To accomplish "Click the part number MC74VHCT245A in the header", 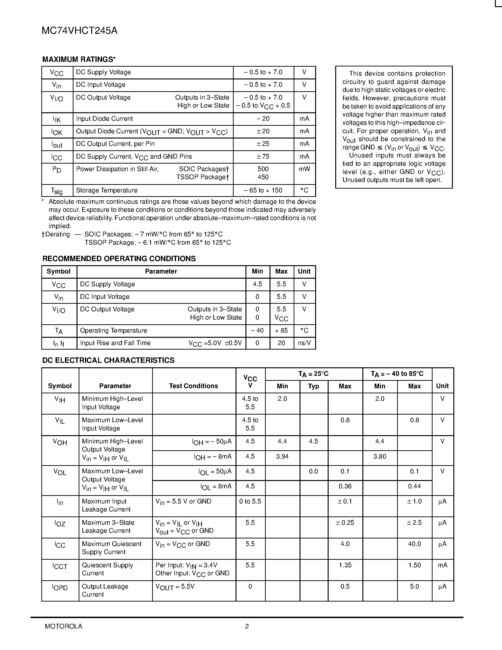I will [x=79, y=31].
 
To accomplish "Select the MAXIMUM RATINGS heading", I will [x=79, y=60].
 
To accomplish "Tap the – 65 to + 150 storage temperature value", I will [x=263, y=191].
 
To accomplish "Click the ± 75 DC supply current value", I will [x=263, y=156].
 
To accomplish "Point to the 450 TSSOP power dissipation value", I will [x=263, y=177].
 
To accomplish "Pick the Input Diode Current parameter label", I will [x=104, y=119].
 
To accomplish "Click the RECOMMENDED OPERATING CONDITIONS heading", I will [x=119, y=259].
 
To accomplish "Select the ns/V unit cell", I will [x=304, y=343].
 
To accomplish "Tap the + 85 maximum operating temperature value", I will [x=281, y=331].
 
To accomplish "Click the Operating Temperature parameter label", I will [x=114, y=331].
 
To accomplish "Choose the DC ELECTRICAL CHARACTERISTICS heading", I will [x=108, y=360].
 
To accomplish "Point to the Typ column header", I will [x=313, y=386].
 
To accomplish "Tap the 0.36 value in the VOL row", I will [x=345, y=486].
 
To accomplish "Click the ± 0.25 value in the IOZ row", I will [x=345, y=523].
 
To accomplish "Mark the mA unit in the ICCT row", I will [x=442, y=565].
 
